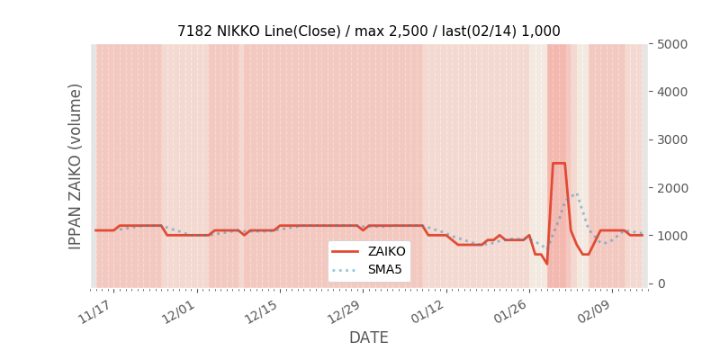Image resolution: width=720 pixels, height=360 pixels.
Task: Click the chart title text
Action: [368, 31]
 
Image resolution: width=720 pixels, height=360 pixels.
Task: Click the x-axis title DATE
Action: [369, 337]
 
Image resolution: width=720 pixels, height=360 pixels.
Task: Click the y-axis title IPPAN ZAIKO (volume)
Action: [76, 166]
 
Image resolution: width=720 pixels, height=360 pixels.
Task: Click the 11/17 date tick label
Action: [94, 310]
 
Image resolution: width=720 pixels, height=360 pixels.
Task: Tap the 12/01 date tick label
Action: [178, 310]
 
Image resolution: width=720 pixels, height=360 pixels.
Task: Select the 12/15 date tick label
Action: [261, 310]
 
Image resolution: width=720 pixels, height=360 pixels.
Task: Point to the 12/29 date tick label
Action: [345, 310]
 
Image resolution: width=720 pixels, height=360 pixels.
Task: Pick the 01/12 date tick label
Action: [427, 310]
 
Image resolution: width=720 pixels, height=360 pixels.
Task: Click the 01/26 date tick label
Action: [511, 310]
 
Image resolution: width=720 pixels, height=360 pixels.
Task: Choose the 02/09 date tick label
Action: [594, 310]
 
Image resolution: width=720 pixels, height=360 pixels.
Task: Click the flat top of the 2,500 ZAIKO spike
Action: [559, 164]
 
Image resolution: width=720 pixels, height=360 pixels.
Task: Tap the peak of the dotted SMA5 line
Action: [577, 193]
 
